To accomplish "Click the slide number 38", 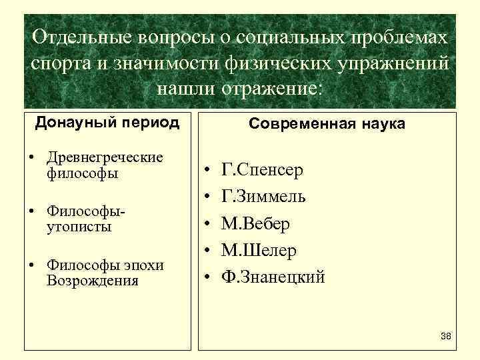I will (x=446, y=335).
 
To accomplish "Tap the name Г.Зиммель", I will (x=263, y=197).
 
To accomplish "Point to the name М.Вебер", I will (x=255, y=223).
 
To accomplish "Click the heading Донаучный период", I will (x=107, y=123).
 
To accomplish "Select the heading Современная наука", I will (x=327, y=124).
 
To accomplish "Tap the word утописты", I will (x=79, y=227).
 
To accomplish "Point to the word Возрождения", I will (x=93, y=280).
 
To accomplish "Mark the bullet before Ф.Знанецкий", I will (x=208, y=277).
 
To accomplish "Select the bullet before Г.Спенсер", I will (x=208, y=170).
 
